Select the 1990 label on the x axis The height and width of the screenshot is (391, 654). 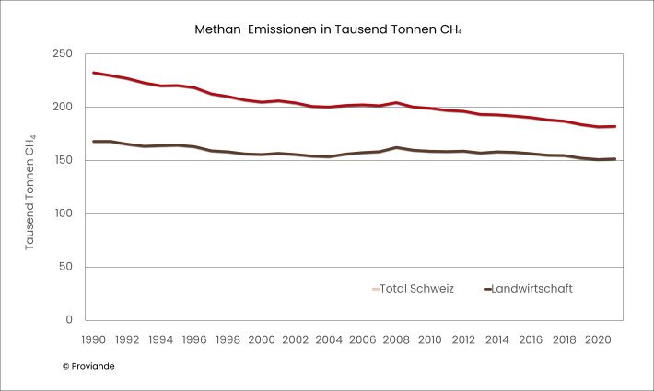click(x=94, y=339)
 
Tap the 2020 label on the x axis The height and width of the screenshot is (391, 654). click(x=597, y=339)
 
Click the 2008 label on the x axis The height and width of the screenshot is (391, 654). click(x=396, y=339)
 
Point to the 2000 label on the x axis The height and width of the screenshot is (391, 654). click(x=262, y=339)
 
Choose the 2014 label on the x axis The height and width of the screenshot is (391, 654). click(x=496, y=339)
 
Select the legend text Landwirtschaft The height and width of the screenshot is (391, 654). click(x=532, y=289)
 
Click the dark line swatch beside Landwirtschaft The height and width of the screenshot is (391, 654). click(x=487, y=289)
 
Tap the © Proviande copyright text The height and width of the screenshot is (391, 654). click(x=88, y=366)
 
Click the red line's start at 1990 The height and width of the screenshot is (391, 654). click(x=94, y=73)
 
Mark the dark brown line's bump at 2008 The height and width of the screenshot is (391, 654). click(x=396, y=147)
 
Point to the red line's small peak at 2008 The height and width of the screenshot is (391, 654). click(x=396, y=102)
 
